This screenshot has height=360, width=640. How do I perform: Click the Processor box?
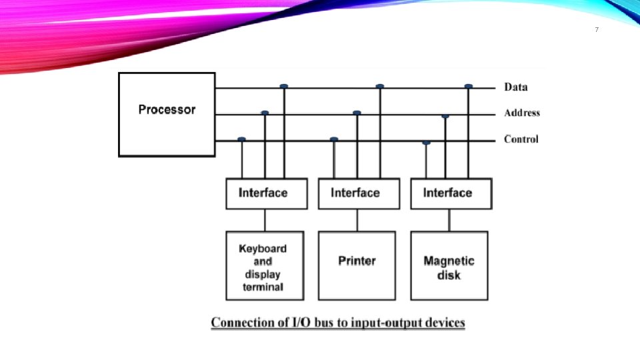pos(167,114)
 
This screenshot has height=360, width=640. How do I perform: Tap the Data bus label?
pos(515,87)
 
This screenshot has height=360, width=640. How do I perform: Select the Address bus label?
pos(521,113)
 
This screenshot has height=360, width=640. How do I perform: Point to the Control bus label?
pos(521,139)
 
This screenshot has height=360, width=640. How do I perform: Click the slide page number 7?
pos(596,30)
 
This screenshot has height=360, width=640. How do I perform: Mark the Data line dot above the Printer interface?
pos(380,86)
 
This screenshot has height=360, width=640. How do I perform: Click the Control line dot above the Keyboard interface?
pos(241,139)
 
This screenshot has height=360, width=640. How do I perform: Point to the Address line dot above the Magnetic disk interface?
pos(445,116)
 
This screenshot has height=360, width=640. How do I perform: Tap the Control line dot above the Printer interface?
pos(334,139)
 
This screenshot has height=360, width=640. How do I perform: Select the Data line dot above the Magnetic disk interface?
pos(469,86)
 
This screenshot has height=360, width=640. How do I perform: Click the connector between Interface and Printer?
pos(357,220)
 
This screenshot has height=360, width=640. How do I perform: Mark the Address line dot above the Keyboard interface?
pos(265,113)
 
